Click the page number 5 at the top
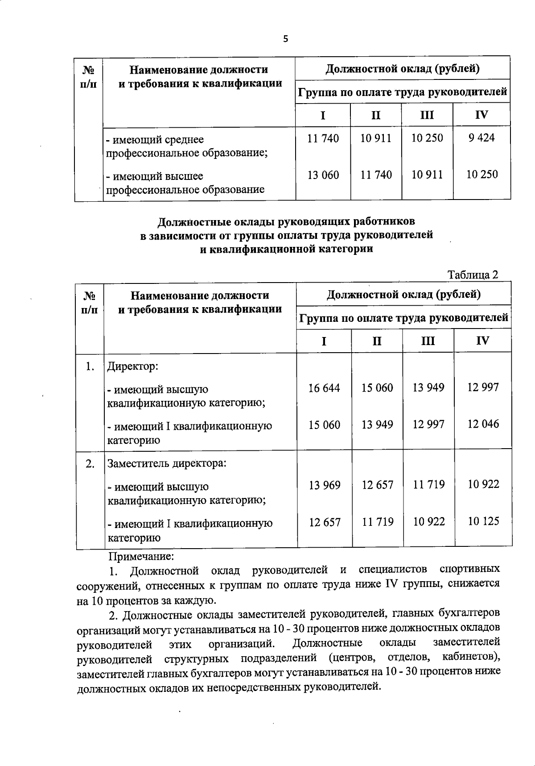tap(286, 39)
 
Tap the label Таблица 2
tap(473, 275)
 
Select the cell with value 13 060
tap(323, 175)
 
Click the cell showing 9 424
tap(481, 138)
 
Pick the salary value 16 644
tap(324, 388)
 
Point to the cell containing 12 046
tap(483, 424)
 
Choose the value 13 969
tap(325, 485)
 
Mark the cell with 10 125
tap(484, 521)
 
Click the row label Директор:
tap(133, 367)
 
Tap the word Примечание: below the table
tap(141, 557)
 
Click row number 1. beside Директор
tap(90, 367)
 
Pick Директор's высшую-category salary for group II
tap(377, 388)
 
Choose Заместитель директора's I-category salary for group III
tap(429, 521)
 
